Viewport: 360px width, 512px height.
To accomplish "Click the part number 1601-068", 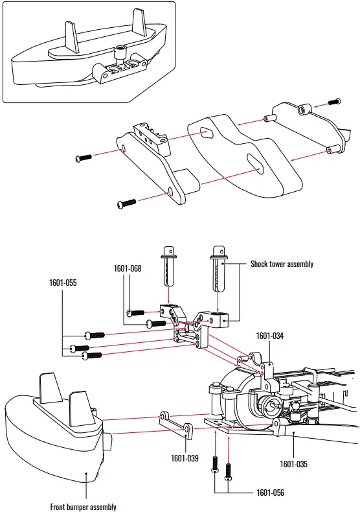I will [x=127, y=268].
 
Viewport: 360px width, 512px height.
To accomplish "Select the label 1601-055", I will [x=62, y=283].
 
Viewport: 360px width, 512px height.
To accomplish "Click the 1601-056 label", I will [x=269, y=493].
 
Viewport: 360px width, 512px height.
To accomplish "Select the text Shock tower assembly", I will [x=282, y=264].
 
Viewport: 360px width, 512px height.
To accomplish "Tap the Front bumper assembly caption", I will [x=83, y=507].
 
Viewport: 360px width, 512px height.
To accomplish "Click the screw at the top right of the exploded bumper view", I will [x=334, y=102].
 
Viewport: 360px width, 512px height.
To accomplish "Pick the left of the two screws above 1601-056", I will [x=215, y=465].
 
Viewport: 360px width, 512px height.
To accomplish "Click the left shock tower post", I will [x=170, y=266].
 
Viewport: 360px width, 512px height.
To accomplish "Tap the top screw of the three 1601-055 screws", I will [x=95, y=334].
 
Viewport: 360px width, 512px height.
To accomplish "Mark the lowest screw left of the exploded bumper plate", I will [x=126, y=204].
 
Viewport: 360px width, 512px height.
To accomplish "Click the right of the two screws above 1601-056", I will [x=227, y=472].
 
